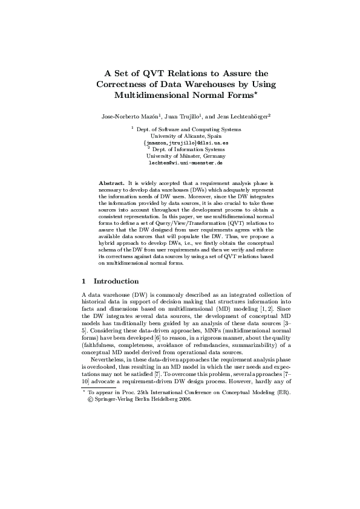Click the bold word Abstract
pos(111,182)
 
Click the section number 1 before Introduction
pos(83,281)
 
